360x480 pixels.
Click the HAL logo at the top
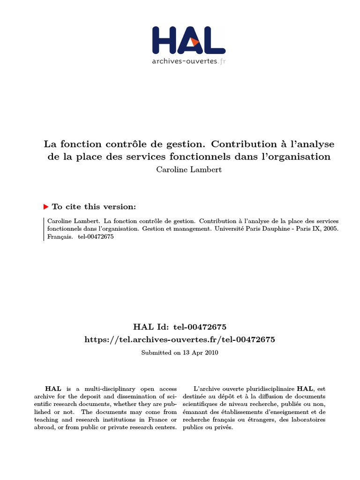[x=189, y=40]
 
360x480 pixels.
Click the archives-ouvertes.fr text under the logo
[x=188, y=61]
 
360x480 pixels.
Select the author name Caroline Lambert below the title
[x=189, y=169]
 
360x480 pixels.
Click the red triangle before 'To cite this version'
[x=46, y=207]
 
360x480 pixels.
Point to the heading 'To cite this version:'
[x=94, y=207]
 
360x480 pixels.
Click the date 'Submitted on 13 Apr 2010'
[x=180, y=352]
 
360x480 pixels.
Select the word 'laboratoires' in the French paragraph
[x=308, y=419]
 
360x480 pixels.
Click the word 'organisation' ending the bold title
[x=301, y=157]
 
